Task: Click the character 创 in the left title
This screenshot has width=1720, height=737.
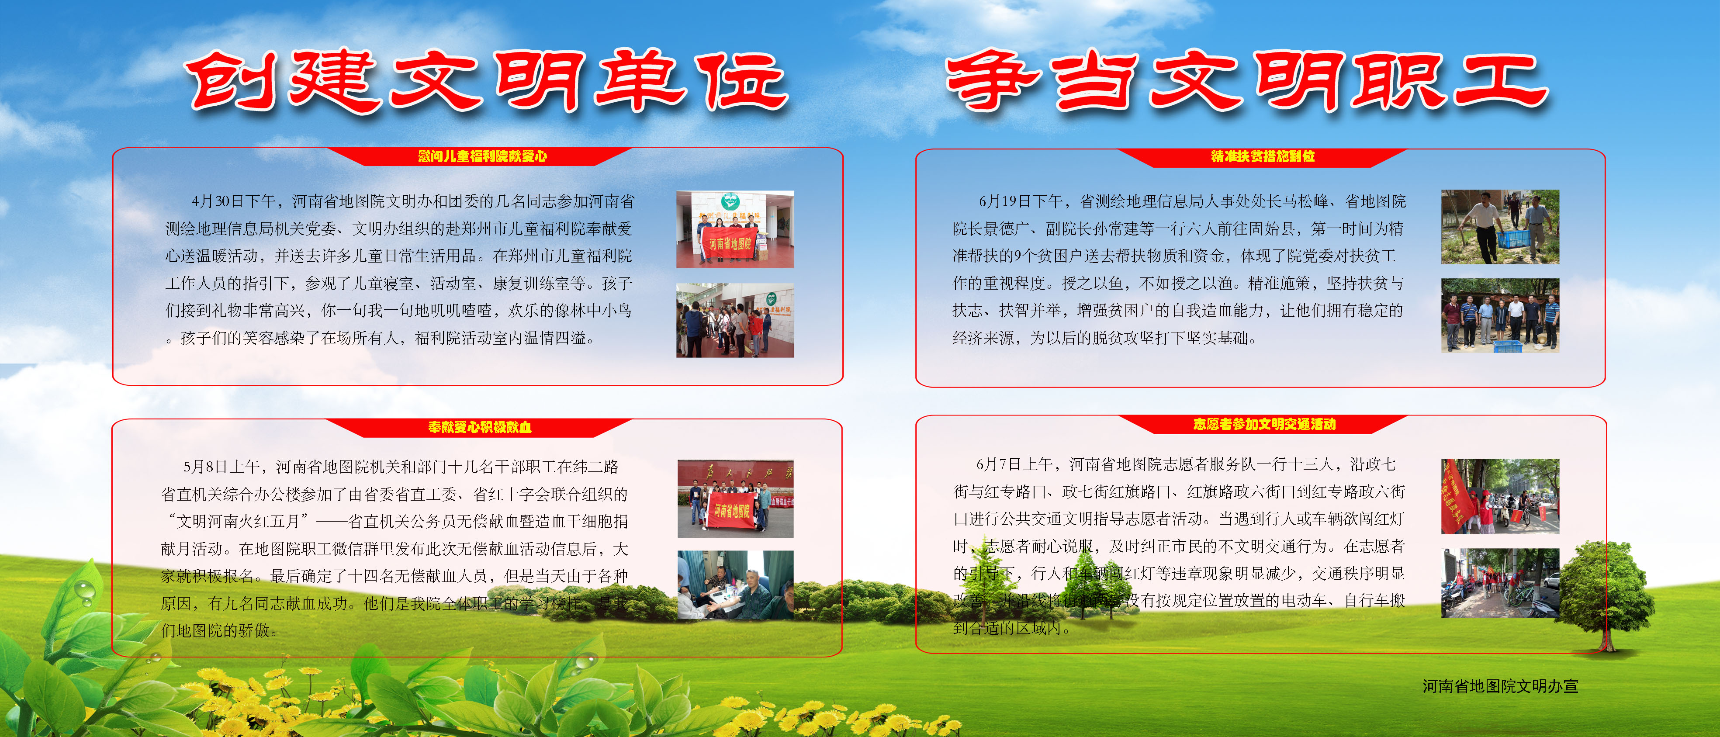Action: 230,81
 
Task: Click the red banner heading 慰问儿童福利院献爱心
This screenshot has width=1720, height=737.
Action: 482,156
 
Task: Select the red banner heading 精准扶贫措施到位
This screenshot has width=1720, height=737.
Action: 1263,156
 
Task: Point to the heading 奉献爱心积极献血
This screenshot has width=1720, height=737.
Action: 479,427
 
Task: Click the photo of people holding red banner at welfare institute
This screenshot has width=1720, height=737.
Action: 734,229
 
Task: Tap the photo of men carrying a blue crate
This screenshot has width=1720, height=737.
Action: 1500,227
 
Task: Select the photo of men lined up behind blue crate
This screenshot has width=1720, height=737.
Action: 1500,315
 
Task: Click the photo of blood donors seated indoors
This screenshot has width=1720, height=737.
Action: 735,585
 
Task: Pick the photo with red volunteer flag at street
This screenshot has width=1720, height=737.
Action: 1500,496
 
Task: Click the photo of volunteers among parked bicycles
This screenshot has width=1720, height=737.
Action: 1500,583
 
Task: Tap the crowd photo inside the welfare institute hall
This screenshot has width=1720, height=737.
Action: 734,320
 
